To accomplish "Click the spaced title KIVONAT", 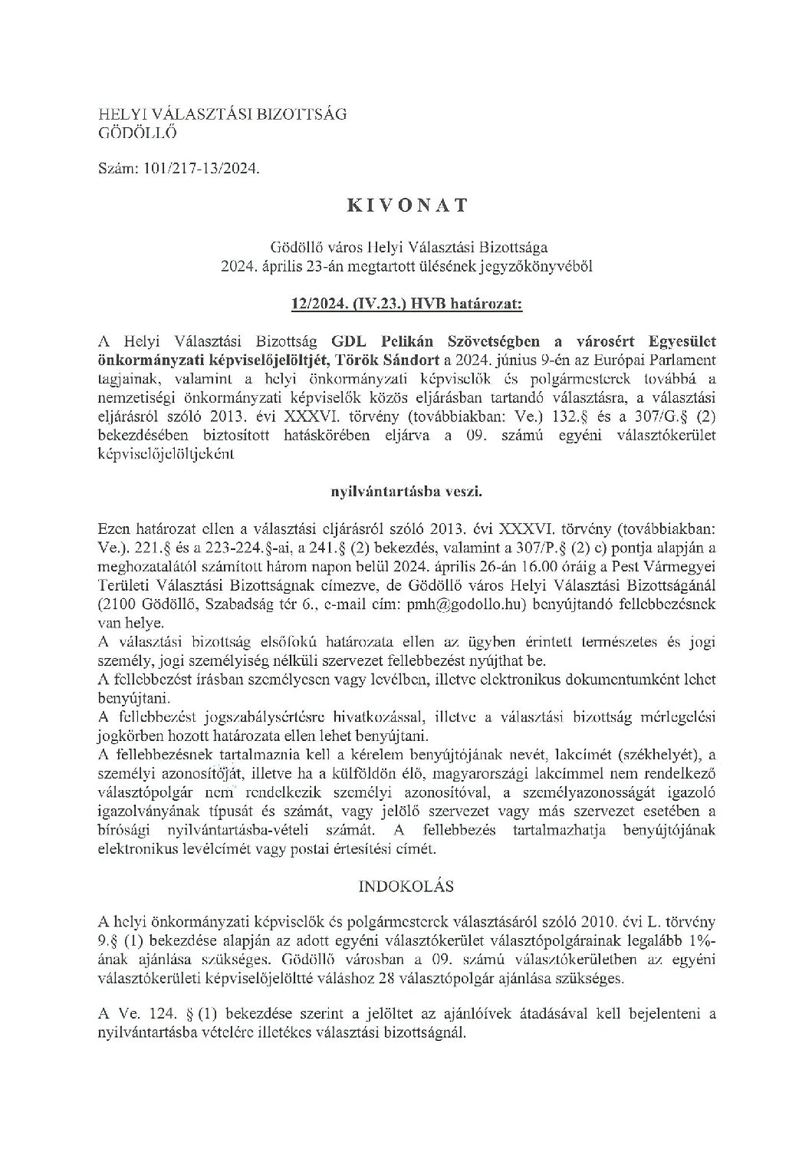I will pyautogui.click(x=406, y=206).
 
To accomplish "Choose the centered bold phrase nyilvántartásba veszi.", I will pyautogui.click(x=406, y=491).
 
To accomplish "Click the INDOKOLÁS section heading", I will pyautogui.click(x=406, y=886).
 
